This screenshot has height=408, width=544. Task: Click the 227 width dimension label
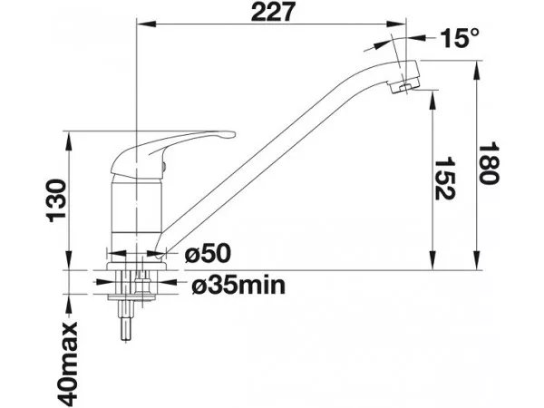pos(272,12)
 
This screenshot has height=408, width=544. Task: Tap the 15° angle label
pos(460,37)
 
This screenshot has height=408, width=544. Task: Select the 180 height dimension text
pos(489,162)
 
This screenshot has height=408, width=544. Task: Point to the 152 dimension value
pos(444,179)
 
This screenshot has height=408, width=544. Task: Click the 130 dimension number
pos(56,200)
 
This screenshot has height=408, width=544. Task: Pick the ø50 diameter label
pos(208,253)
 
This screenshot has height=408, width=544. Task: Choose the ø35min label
pos(238,286)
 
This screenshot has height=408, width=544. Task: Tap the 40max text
pos(68,364)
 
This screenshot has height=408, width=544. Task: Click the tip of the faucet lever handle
pos(233,134)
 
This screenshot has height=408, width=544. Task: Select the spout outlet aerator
pos(403,86)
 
